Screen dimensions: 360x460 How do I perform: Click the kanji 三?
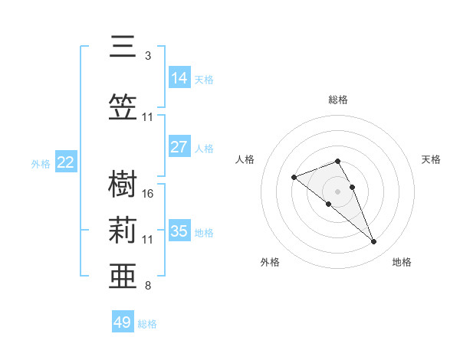tap(123, 47)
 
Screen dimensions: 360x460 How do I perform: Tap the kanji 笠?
tap(123, 106)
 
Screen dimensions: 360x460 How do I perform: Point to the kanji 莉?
tap(123, 230)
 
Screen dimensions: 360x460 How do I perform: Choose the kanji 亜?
tap(123, 275)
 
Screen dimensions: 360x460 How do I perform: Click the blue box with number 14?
tap(179, 78)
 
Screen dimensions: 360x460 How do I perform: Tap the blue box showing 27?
tap(179, 147)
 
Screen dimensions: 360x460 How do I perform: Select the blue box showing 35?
tap(179, 231)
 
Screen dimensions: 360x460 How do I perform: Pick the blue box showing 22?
tap(66, 162)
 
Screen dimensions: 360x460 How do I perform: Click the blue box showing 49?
tap(123, 322)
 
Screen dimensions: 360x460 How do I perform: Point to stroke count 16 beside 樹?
tap(149, 194)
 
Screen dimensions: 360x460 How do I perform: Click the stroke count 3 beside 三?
tap(148, 56)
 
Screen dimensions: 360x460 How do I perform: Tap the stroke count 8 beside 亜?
tap(148, 286)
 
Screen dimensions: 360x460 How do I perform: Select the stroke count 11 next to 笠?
tap(148, 117)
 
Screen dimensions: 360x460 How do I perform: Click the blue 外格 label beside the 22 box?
tap(41, 163)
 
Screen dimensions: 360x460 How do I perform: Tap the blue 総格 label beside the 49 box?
tap(148, 324)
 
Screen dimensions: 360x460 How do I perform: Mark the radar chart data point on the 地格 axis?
tap(373, 242)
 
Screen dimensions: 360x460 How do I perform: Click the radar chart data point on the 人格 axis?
tap(294, 178)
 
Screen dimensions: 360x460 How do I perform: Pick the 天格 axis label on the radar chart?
tap(432, 159)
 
